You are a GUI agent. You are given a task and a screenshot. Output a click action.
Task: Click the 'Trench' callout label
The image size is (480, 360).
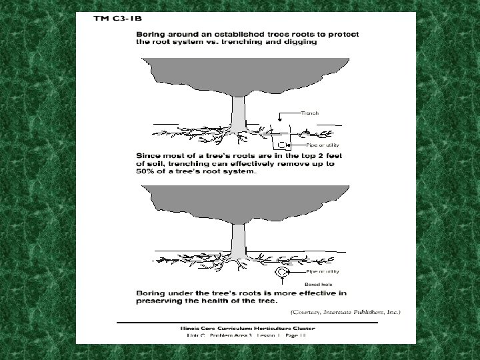310,113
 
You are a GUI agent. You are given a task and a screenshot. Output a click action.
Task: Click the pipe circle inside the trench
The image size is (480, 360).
283,145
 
